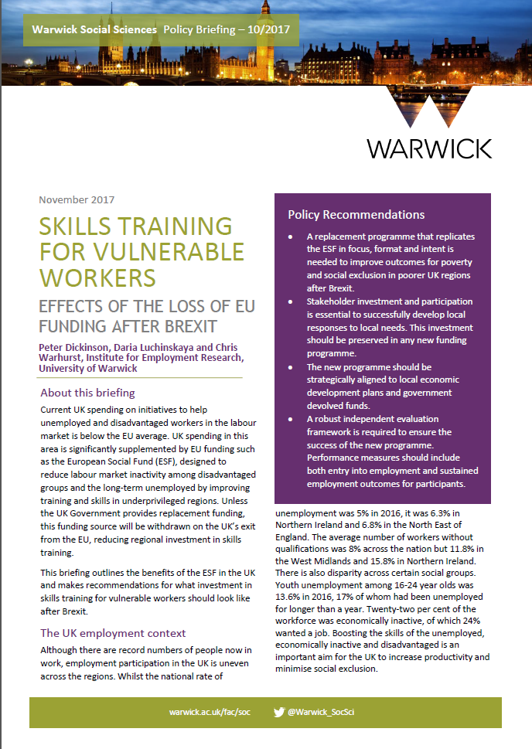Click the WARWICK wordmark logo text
pyautogui.click(x=429, y=148)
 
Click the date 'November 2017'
pyautogui.click(x=77, y=199)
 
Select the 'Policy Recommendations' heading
pyautogui.click(x=356, y=214)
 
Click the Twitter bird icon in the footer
pyautogui.click(x=279, y=711)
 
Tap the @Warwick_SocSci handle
pyautogui.click(x=326, y=712)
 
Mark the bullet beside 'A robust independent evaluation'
pyautogui.click(x=290, y=419)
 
